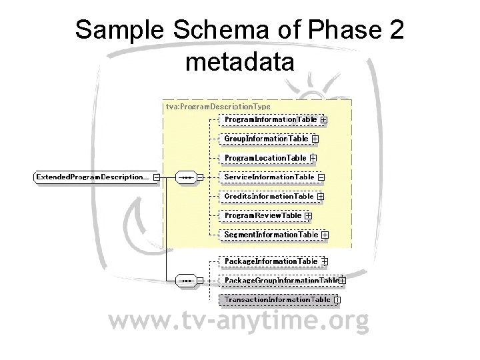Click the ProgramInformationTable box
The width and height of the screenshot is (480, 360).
[270, 119]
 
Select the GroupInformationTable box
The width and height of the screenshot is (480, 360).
[266, 139]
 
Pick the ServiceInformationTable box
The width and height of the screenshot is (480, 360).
[269, 177]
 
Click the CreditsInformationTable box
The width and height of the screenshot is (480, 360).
[269, 196]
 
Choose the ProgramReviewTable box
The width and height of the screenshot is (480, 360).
[263, 215]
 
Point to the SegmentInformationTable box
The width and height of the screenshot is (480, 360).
[271, 235]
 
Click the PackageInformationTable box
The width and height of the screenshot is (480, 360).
[271, 261]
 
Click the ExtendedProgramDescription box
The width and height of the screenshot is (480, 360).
[92, 177]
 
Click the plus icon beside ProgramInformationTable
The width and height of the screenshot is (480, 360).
[324, 120]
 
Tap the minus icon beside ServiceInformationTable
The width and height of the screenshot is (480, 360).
[321, 177]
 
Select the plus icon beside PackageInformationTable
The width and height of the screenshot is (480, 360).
[325, 261]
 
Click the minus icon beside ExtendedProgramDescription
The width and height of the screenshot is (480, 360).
[156, 177]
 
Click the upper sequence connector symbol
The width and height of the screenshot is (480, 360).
[185, 177]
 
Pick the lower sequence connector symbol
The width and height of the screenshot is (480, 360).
[185, 281]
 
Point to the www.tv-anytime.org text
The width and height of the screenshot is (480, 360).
[239, 323]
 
